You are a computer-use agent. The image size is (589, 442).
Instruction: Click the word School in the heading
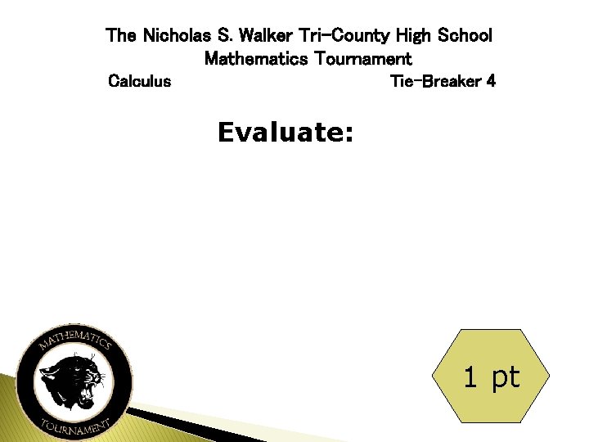pyautogui.click(x=465, y=36)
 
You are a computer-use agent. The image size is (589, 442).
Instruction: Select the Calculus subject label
pyautogui.click(x=140, y=82)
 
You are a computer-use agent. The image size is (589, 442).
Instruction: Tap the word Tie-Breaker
pyautogui.click(x=434, y=82)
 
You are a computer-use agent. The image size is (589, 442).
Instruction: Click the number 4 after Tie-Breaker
pyautogui.click(x=490, y=82)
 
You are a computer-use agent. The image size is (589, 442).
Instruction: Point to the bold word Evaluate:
pyautogui.click(x=286, y=133)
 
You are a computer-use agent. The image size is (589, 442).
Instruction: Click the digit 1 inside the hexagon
pyautogui.click(x=470, y=377)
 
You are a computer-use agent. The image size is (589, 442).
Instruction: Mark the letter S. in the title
pyautogui.click(x=223, y=36)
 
